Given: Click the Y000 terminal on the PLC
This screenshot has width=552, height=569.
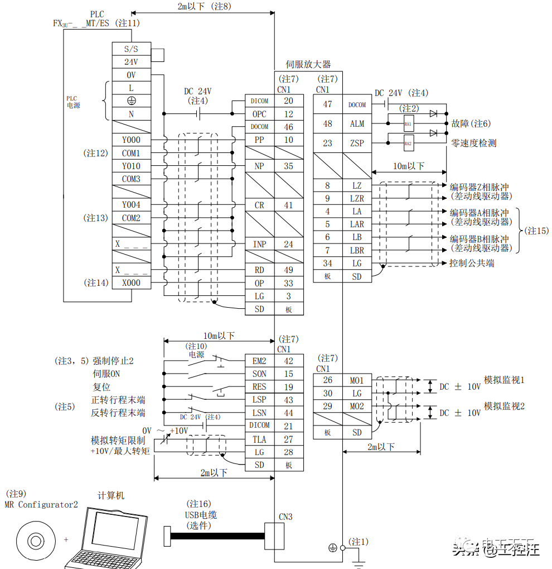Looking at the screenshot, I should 131,140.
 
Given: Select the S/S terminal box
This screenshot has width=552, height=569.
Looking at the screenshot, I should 131,49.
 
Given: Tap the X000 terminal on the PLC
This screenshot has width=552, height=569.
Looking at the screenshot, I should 131,283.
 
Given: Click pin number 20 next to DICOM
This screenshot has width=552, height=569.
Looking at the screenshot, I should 288,101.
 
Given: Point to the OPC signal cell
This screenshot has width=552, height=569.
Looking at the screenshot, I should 259,114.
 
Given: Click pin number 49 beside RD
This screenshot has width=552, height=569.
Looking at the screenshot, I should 288,270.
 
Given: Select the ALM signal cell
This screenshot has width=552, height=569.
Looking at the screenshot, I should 357,124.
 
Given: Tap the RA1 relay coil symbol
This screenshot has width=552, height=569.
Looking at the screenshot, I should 408,123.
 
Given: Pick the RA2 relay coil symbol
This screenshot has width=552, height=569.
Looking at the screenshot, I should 408,144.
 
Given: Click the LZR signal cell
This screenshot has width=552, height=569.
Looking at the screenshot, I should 357,199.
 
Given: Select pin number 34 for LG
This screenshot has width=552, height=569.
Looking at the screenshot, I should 327,264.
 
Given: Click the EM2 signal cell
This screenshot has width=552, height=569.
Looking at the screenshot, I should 259,361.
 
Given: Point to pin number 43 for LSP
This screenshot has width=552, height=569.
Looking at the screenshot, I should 288,400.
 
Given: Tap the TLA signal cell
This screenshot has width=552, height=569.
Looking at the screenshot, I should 259,439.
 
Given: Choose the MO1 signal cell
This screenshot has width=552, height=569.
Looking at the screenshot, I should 357,381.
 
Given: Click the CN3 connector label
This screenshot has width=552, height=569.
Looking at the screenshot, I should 285,517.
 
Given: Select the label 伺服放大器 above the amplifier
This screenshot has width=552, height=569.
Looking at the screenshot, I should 308,65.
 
